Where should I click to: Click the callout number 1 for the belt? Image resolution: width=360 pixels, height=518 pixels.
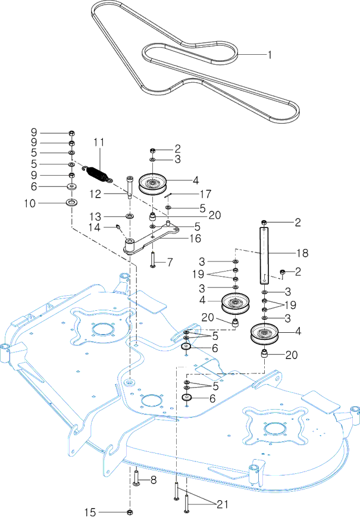click(270, 55)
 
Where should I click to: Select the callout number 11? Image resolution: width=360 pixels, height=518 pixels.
click(99, 142)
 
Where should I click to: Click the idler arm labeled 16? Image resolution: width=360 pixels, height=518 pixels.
click(151, 240)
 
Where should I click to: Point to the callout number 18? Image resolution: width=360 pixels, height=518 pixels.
click(302, 253)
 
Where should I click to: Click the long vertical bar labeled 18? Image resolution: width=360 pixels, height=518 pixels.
click(264, 255)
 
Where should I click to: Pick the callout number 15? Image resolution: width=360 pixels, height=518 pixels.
click(90, 513)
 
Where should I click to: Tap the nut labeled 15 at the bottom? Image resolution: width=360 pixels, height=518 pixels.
click(130, 513)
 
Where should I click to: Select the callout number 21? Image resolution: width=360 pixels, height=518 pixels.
click(223, 504)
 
